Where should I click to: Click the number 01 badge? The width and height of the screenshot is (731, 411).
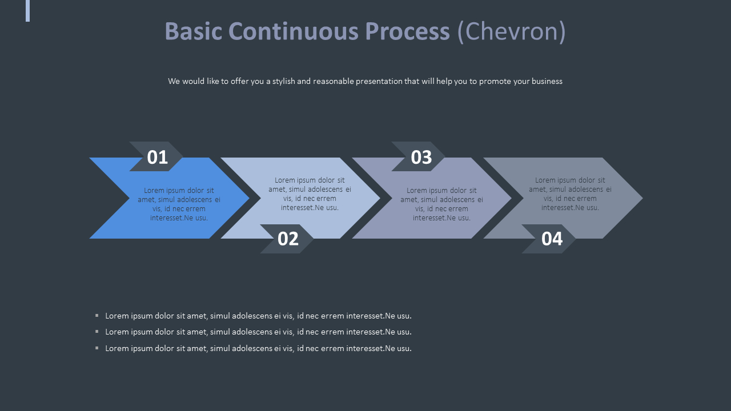[x=156, y=157]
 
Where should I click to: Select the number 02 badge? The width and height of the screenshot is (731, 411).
[x=288, y=239]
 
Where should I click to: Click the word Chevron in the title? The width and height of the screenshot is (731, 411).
[x=511, y=31]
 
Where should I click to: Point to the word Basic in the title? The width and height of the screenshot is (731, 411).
[x=193, y=31]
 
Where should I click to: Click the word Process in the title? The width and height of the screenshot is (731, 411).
[x=407, y=31]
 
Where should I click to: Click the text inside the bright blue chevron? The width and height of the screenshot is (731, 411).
[x=179, y=204]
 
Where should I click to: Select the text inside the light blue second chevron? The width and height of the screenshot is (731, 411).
[x=310, y=194]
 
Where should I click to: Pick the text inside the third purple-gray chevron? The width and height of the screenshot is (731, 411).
[x=441, y=204]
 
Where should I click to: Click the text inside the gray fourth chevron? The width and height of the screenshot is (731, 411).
[x=570, y=194]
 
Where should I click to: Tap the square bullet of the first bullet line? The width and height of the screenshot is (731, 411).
[x=97, y=315]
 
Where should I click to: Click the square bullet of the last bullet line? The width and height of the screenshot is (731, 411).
[x=97, y=348]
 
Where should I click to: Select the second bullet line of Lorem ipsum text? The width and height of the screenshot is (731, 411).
[x=258, y=332]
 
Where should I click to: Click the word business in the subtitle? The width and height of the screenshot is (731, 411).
[x=547, y=81]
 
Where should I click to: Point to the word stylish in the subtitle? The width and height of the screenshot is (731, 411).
[x=283, y=81]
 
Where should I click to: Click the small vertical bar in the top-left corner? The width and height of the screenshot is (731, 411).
[x=27, y=10]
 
